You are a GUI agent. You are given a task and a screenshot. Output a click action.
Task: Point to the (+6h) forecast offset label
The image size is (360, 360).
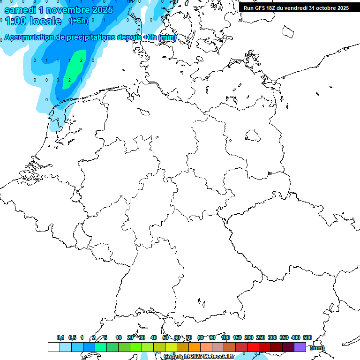point(78,21)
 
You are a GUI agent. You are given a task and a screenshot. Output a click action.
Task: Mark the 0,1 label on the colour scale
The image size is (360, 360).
point(60,337)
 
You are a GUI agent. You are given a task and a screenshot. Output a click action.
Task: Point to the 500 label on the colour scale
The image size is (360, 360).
point(307,337)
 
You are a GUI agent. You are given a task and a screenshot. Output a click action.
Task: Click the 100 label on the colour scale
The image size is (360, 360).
point(225,337)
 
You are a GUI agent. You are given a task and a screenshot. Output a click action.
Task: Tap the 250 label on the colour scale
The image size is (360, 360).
point(261,337)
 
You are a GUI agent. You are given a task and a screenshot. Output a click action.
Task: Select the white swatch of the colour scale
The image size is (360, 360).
point(53,347)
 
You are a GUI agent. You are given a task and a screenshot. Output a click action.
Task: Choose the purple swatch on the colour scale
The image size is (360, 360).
point(300,347)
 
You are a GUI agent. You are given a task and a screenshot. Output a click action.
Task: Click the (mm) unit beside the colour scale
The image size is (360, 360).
point(317,348)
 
